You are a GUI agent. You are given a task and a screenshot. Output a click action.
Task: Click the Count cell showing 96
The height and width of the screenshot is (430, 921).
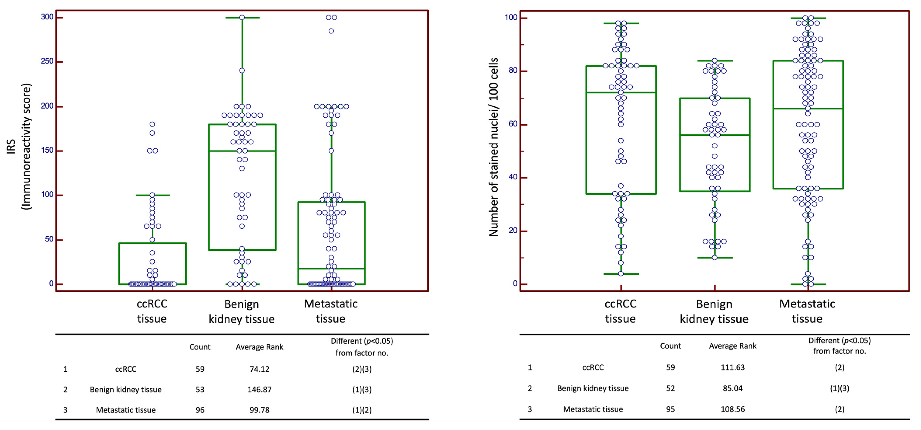pos(200,410)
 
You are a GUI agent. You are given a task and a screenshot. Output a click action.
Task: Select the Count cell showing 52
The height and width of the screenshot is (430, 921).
pos(670,388)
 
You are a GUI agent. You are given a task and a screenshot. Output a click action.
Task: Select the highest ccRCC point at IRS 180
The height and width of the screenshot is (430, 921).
pos(152,124)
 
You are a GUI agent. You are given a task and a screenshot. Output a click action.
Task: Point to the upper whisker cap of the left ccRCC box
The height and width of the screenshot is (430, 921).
pos(152,195)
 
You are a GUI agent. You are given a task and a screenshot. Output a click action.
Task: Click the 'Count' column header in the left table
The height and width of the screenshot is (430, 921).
pos(200,347)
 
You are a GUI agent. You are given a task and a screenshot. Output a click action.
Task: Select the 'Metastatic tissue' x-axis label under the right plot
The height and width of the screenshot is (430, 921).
pos(807,311)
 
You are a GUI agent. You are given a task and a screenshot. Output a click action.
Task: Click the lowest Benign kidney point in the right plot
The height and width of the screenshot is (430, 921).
pos(714,257)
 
